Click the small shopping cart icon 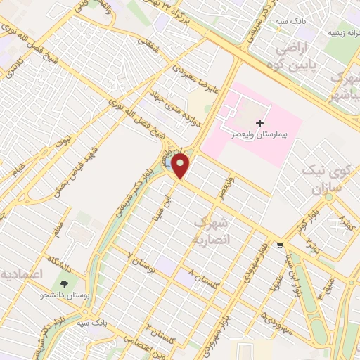click(x=281, y=245)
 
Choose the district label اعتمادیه click(x=21, y=272)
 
